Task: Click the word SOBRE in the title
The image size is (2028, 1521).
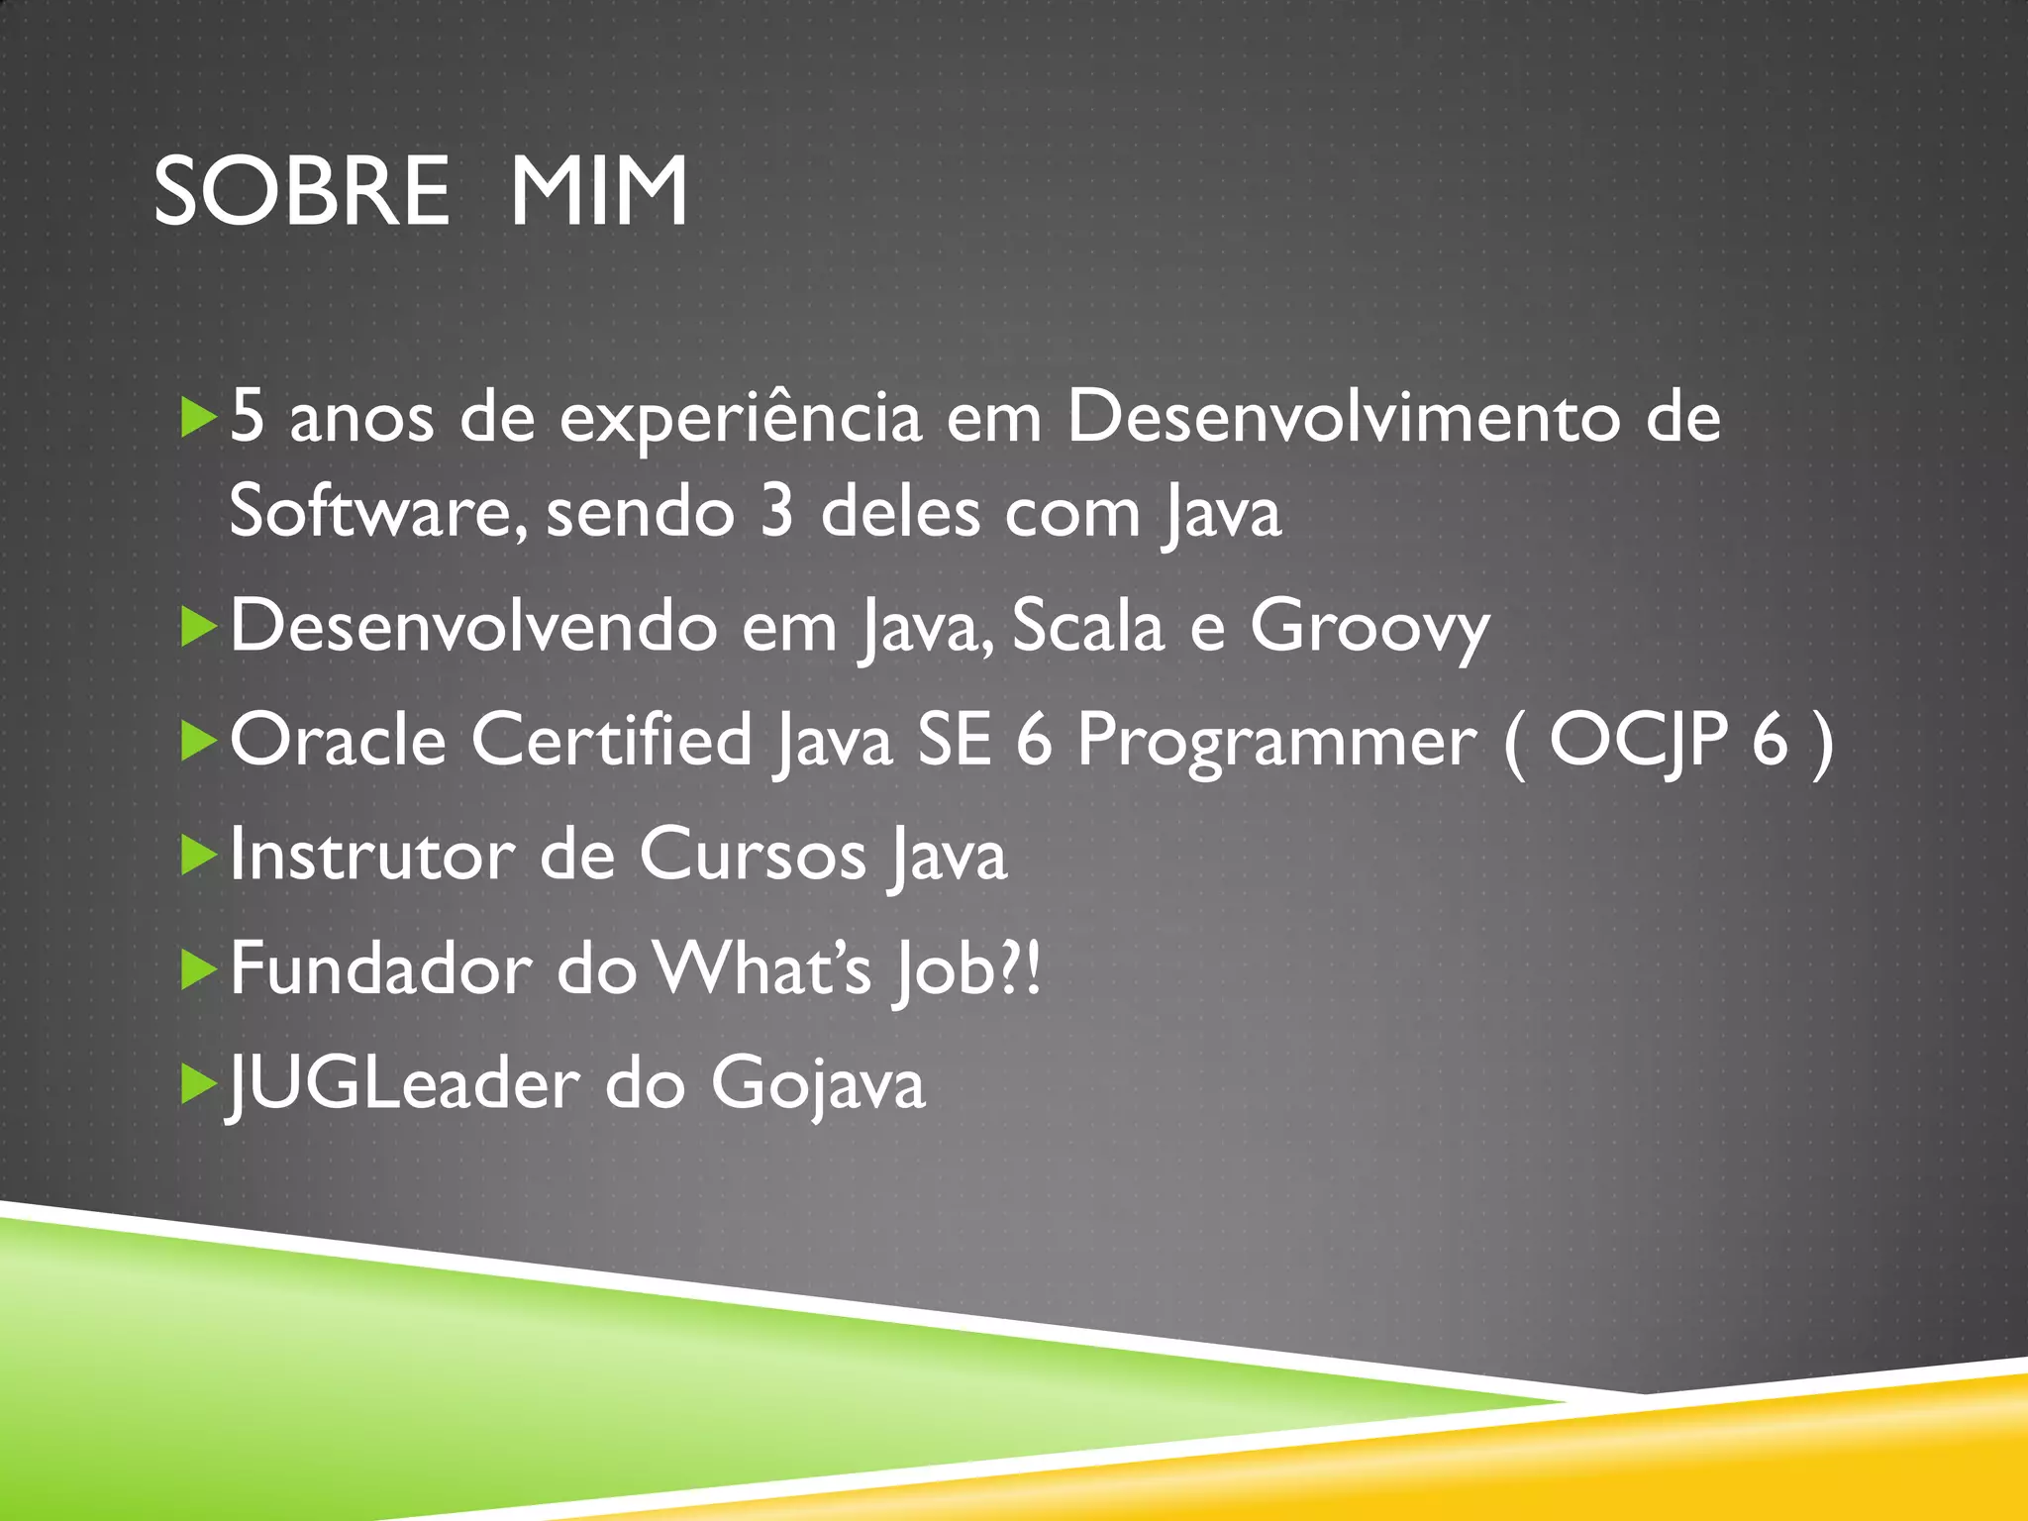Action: tap(301, 191)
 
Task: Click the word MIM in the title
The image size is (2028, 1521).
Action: tap(598, 191)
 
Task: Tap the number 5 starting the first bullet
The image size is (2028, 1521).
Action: tap(248, 417)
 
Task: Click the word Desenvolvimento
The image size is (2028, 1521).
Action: tap(1343, 417)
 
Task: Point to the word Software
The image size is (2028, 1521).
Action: tap(370, 512)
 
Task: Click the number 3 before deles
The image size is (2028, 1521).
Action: tap(777, 512)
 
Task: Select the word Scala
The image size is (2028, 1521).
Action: tap(1087, 627)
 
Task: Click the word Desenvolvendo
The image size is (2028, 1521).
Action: tap(473, 627)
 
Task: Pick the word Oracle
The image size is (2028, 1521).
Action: tap(338, 740)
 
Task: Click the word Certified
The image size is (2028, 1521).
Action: tap(611, 740)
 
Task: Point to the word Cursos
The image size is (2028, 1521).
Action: tap(753, 855)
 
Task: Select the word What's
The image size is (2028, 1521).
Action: tap(761, 968)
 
